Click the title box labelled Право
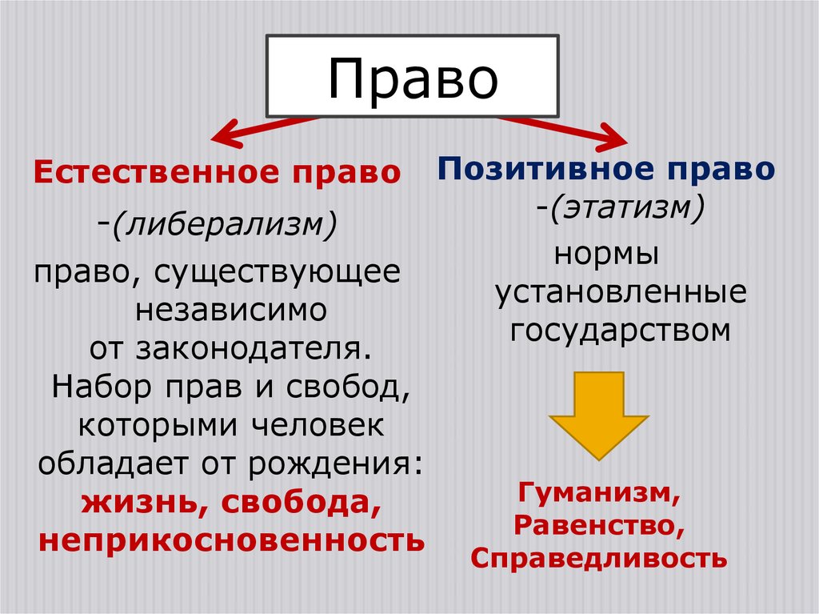click(x=411, y=77)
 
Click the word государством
click(x=621, y=330)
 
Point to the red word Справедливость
click(x=599, y=557)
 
